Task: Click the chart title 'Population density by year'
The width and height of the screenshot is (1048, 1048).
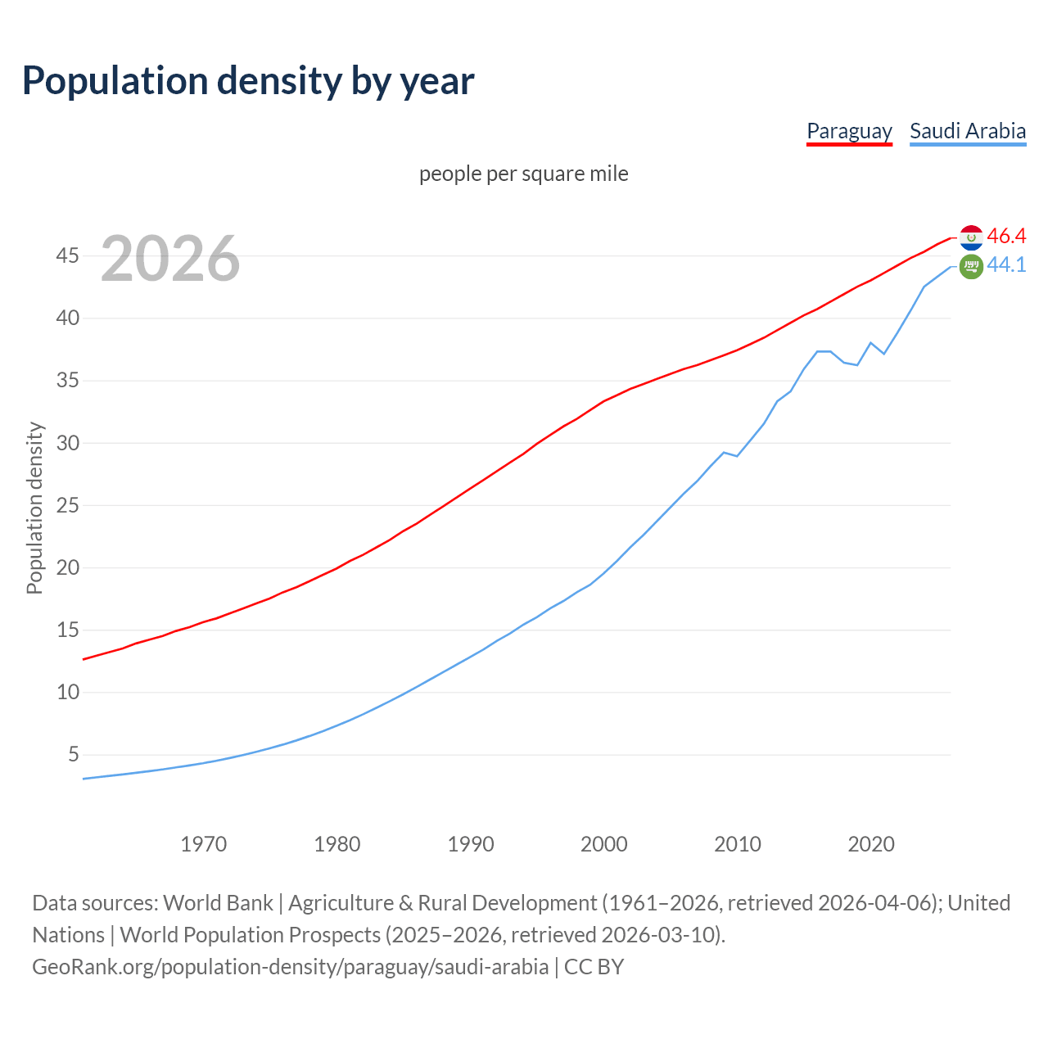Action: click(248, 80)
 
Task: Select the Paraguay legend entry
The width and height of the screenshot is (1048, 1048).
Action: click(849, 131)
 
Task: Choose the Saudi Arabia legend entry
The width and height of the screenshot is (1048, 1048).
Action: click(967, 131)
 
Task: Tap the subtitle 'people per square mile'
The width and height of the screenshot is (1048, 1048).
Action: click(523, 174)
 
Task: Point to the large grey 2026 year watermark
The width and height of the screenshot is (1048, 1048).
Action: click(170, 259)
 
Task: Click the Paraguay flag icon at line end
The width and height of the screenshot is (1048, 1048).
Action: click(971, 237)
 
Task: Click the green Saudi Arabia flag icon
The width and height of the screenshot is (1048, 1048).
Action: click(971, 266)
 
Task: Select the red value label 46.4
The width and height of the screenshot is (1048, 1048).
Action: click(1006, 236)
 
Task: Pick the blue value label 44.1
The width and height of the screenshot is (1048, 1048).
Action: click(1006, 265)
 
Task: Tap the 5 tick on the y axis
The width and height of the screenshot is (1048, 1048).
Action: click(74, 754)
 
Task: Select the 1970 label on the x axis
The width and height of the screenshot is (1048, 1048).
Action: click(203, 844)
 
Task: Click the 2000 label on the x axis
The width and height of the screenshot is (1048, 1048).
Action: click(603, 844)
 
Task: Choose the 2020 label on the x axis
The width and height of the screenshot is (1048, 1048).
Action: click(870, 844)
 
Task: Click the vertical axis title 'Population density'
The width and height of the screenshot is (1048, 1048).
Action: click(34, 508)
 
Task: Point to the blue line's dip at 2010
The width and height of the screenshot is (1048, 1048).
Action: click(737, 455)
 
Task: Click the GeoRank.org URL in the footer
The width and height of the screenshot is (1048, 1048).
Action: click(291, 967)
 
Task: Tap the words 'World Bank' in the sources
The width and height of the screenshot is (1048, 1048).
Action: click(218, 903)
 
